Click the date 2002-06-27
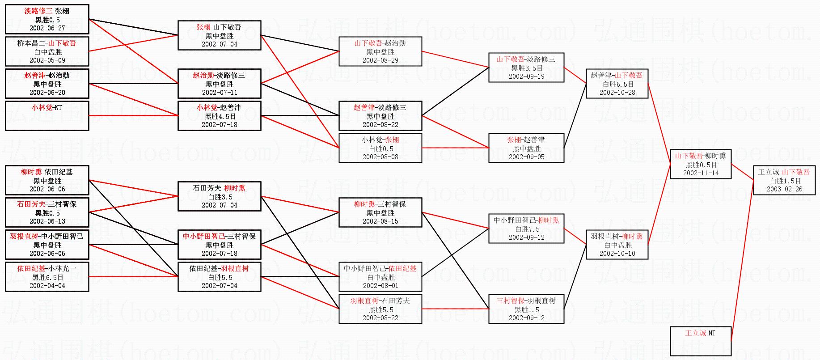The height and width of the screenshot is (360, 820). [x=47, y=28]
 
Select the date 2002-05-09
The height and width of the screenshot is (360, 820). [x=47, y=60]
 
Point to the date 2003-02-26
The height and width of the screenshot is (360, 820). [x=784, y=189]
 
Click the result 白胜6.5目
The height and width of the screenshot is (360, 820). [x=617, y=84]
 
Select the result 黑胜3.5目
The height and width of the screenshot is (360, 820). [x=526, y=68]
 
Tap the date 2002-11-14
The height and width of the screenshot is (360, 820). [x=701, y=173]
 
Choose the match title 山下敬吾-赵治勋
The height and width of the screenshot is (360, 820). [x=380, y=43]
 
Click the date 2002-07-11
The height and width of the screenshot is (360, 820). [x=219, y=93]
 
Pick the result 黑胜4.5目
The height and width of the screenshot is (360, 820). [x=219, y=116]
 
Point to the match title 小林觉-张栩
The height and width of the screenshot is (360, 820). [x=380, y=140]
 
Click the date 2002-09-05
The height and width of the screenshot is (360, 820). [x=526, y=157]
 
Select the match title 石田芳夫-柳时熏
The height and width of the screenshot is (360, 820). [x=219, y=188]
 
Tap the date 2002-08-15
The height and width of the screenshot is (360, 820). [x=380, y=221]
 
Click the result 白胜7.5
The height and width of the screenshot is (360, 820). [x=526, y=229]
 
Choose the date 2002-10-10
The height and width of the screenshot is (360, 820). [x=617, y=254]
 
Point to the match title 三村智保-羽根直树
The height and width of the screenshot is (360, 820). [x=526, y=301]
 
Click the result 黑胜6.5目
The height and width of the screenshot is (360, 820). [x=47, y=277]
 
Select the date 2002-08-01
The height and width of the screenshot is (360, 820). [x=380, y=286]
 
